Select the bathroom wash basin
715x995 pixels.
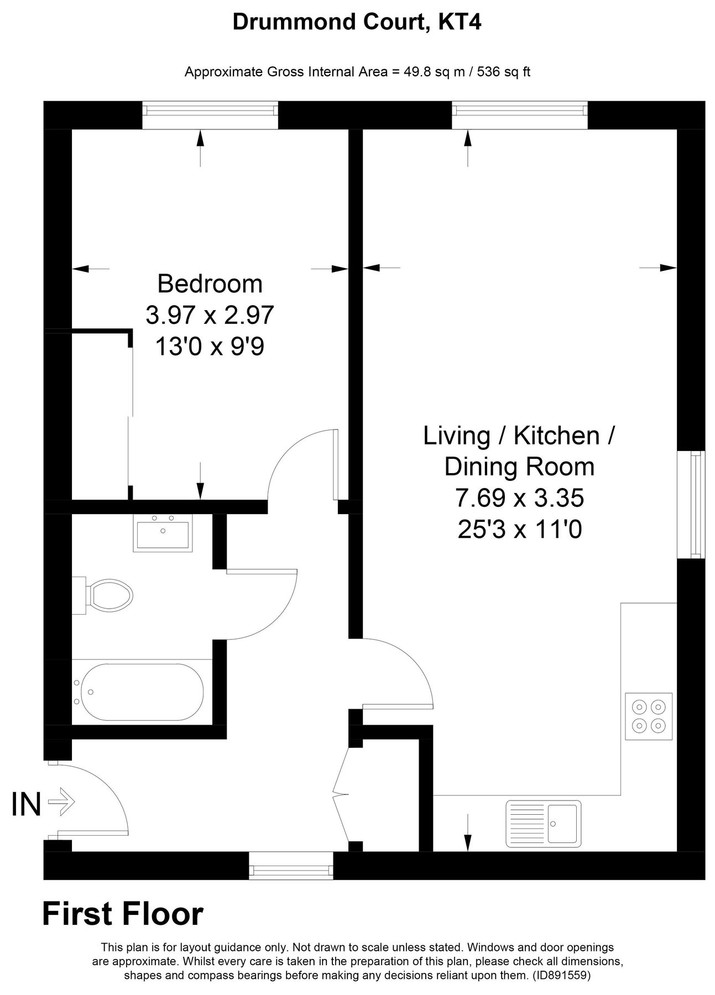pyautogui.click(x=163, y=533)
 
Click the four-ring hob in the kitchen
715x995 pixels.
pyautogui.click(x=649, y=716)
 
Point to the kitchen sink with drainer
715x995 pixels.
pyautogui.click(x=543, y=823)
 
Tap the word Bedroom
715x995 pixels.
pyautogui.click(x=210, y=284)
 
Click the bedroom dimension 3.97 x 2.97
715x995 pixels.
pyautogui.click(x=210, y=315)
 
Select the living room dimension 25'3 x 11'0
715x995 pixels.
pyautogui.click(x=519, y=530)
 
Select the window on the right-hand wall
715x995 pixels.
pyautogui.click(x=691, y=504)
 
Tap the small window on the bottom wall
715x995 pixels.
pyautogui.click(x=291, y=865)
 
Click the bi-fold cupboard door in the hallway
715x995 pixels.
pyautogui.click(x=342, y=794)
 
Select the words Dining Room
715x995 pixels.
pyautogui.click(x=519, y=467)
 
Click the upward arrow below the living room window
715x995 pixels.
pyautogui.click(x=468, y=148)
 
